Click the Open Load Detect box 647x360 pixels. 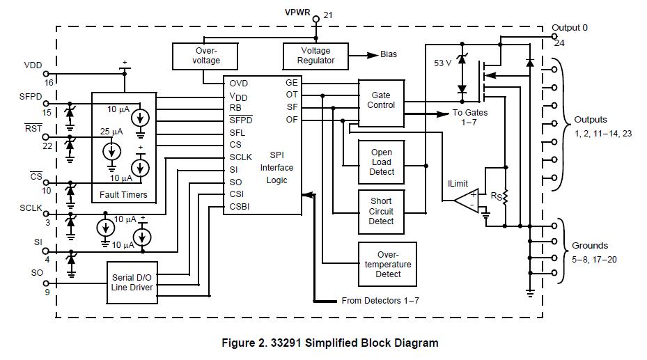point(382,162)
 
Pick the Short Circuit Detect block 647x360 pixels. point(382,211)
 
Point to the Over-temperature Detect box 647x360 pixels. point(388,264)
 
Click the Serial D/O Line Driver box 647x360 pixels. point(132,283)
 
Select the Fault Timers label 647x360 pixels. point(123,195)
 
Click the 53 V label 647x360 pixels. point(443,63)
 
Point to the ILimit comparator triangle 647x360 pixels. point(467,200)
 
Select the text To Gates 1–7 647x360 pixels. point(470,118)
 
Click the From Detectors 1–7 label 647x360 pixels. point(380,301)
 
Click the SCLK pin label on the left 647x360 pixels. point(31,208)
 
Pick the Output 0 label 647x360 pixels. point(569,28)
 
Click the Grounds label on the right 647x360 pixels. point(589,245)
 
